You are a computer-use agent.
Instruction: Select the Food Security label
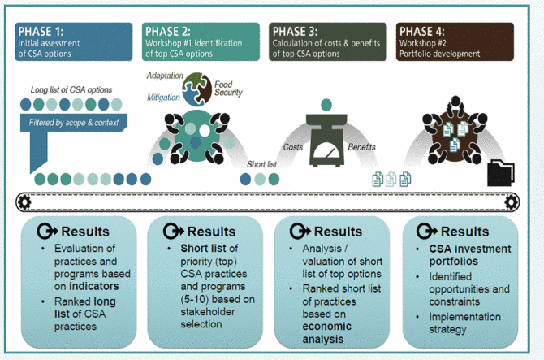(228, 88)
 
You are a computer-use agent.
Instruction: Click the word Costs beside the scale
(293, 147)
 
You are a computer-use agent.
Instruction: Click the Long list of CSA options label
(72, 89)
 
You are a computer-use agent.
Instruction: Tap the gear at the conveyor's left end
(24, 201)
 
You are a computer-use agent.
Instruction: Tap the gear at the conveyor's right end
(511, 201)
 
